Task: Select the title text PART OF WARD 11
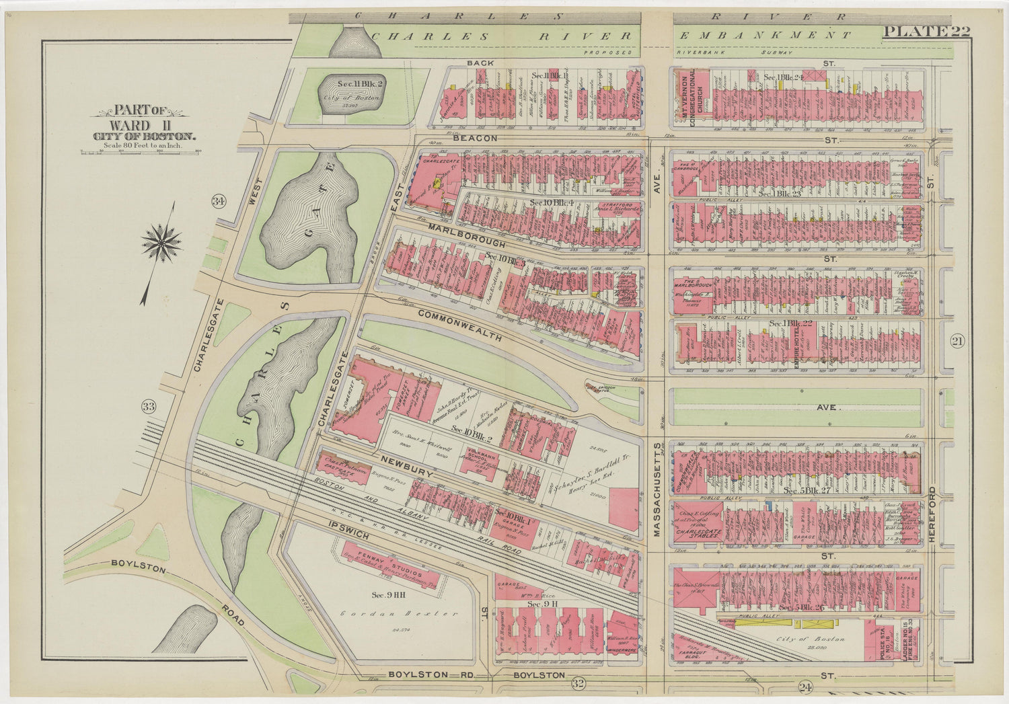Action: coord(143,118)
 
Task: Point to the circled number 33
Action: coord(149,406)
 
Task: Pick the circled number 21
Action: coord(957,342)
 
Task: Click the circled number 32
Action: coord(576,684)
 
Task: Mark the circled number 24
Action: coord(805,687)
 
